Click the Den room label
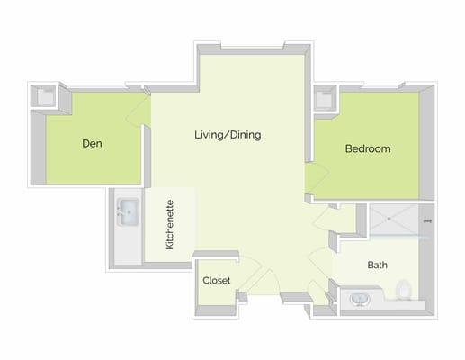point(91,143)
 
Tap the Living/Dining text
point(228,136)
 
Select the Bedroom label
point(368,148)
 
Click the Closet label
point(216,281)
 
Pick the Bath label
point(377,265)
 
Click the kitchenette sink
point(127,213)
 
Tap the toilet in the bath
point(404,291)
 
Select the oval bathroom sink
point(360,298)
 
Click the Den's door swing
point(139,110)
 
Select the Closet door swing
point(252,270)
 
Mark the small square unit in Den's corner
point(44,95)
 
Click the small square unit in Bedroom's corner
point(324,97)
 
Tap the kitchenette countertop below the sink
point(127,247)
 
